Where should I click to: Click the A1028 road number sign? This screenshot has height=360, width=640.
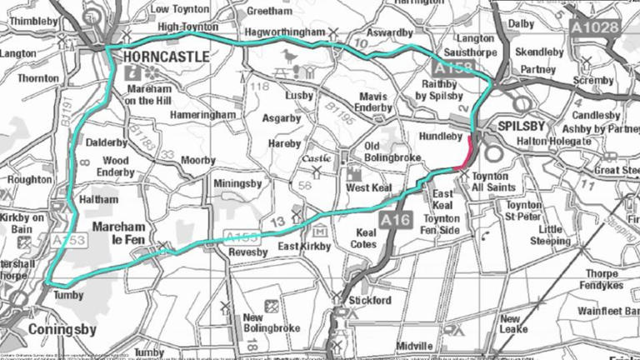pyautogui.click(x=595, y=27)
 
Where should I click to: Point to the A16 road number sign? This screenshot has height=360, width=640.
pyautogui.click(x=396, y=219)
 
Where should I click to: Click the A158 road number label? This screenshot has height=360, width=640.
pyautogui.click(x=452, y=69)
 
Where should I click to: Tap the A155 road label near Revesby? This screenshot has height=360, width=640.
pyautogui.click(x=242, y=237)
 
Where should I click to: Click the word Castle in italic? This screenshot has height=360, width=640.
pyautogui.click(x=316, y=157)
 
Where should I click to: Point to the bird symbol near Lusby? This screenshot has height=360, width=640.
pyautogui.click(x=289, y=56)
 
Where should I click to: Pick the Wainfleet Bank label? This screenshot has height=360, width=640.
pyautogui.click(x=607, y=312)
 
